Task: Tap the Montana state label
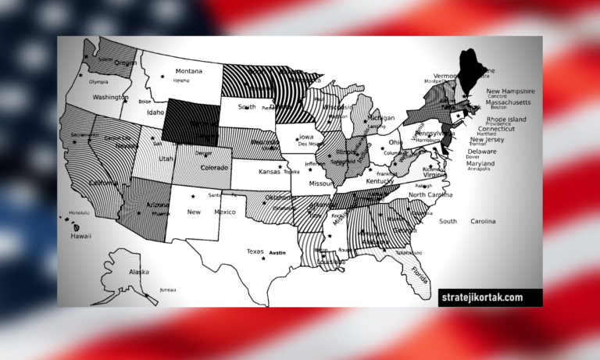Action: click(189, 70)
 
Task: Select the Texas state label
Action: click(255, 251)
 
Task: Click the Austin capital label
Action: click(277, 253)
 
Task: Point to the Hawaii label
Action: click(81, 236)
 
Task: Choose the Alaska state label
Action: click(138, 272)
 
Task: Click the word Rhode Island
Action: click(506, 119)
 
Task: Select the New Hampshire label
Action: click(510, 91)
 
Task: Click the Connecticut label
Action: click(497, 129)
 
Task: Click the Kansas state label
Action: click(270, 171)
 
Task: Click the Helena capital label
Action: click(181, 80)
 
